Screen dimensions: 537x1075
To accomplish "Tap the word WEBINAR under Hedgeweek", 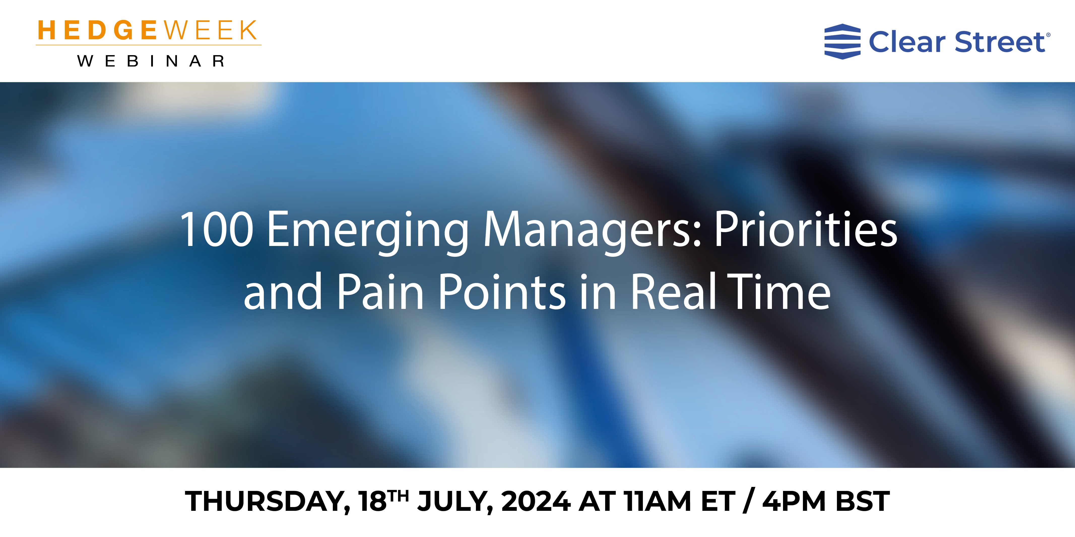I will pyautogui.click(x=151, y=61).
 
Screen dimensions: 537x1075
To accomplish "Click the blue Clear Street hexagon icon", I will pyautogui.click(x=842, y=42).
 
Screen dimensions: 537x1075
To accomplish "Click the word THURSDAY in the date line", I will pyautogui.click(x=267, y=502).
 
